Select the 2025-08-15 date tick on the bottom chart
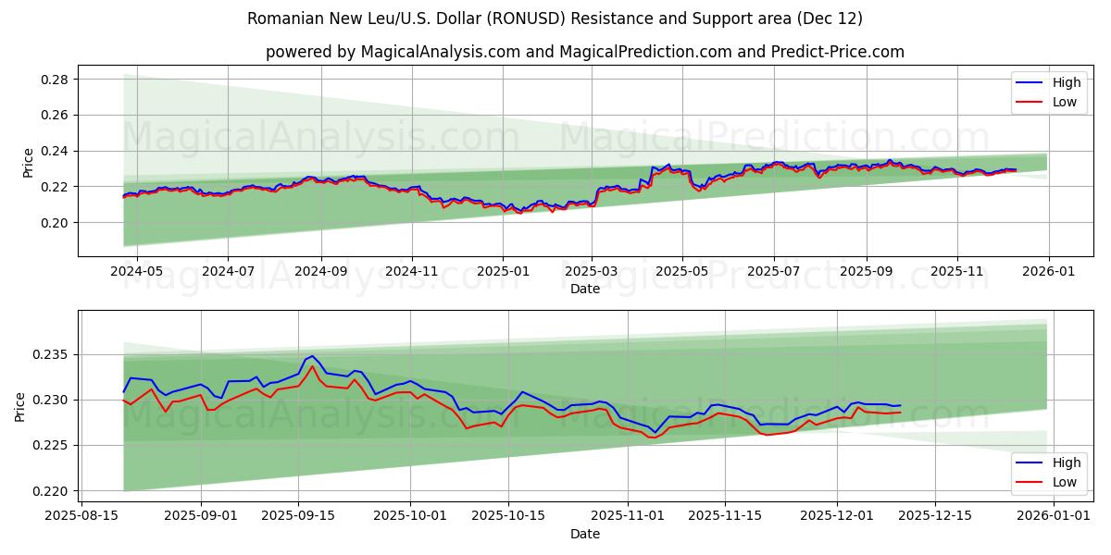[x=81, y=516]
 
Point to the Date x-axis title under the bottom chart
[x=584, y=534]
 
